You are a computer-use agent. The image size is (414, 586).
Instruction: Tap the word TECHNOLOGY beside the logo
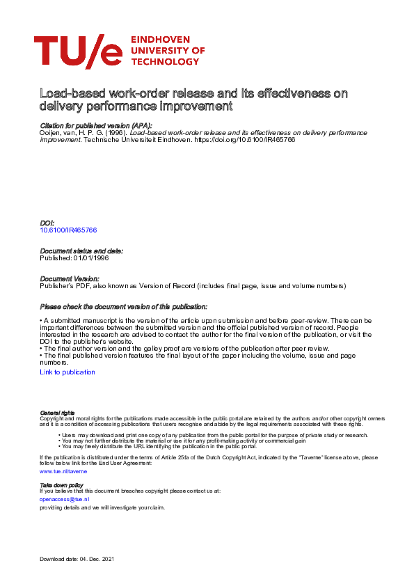coord(164,62)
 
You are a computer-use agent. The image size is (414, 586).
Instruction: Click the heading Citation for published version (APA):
coord(96,124)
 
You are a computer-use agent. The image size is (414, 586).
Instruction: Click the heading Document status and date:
coord(81,250)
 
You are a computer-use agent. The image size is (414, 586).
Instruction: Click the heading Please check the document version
coord(123,307)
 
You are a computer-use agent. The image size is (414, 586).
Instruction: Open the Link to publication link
coord(67,372)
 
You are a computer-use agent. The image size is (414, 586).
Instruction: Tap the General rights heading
coord(58,413)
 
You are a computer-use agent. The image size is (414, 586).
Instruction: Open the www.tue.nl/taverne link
coord(63,471)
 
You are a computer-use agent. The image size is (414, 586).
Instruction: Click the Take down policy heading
coord(61,484)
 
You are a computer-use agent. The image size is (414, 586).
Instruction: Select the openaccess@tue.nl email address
coord(65,499)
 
